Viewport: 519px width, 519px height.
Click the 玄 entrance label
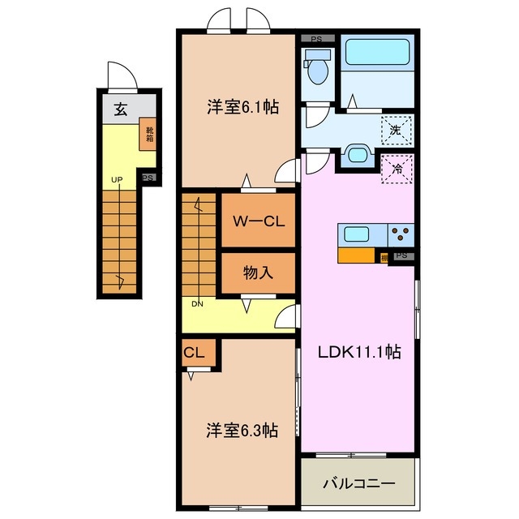coord(120,110)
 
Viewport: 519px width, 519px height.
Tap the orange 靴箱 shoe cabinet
coord(150,134)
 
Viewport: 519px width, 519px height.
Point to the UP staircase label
coord(118,180)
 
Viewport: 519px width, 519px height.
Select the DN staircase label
coord(197,304)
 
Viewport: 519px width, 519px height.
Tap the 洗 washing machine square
coord(397,128)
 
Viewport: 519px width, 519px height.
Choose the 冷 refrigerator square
coord(397,169)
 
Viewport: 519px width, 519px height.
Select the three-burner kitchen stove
coord(401,235)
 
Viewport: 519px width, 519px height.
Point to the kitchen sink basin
coord(358,235)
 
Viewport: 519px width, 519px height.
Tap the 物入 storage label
coord(258,273)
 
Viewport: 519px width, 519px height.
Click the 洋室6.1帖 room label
coord(242,106)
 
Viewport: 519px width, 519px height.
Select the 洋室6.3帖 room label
coord(242,430)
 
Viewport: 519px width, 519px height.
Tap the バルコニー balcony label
coord(359,483)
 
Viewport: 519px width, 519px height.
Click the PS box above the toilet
coord(317,38)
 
